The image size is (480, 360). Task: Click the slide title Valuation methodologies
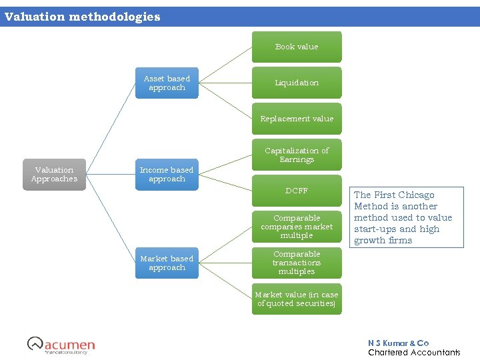83,17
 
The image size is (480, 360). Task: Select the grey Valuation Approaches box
55,175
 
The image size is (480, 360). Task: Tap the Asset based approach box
167,83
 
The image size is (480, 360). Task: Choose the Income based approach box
167,175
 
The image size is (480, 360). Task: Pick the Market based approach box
167,263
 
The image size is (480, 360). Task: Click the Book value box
297,47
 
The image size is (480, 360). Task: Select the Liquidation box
297,83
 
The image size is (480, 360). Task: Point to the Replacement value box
297,119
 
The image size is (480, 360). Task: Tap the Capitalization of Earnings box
297,155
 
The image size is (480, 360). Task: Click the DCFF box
297,191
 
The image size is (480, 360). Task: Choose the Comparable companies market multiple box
297,227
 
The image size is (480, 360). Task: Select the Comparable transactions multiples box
297,263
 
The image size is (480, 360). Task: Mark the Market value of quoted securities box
297,299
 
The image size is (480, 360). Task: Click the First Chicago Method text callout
406,217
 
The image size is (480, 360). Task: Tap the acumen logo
61,345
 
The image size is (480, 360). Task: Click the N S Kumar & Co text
398,343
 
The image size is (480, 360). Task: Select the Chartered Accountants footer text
413,352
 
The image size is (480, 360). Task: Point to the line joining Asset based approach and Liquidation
225,83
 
